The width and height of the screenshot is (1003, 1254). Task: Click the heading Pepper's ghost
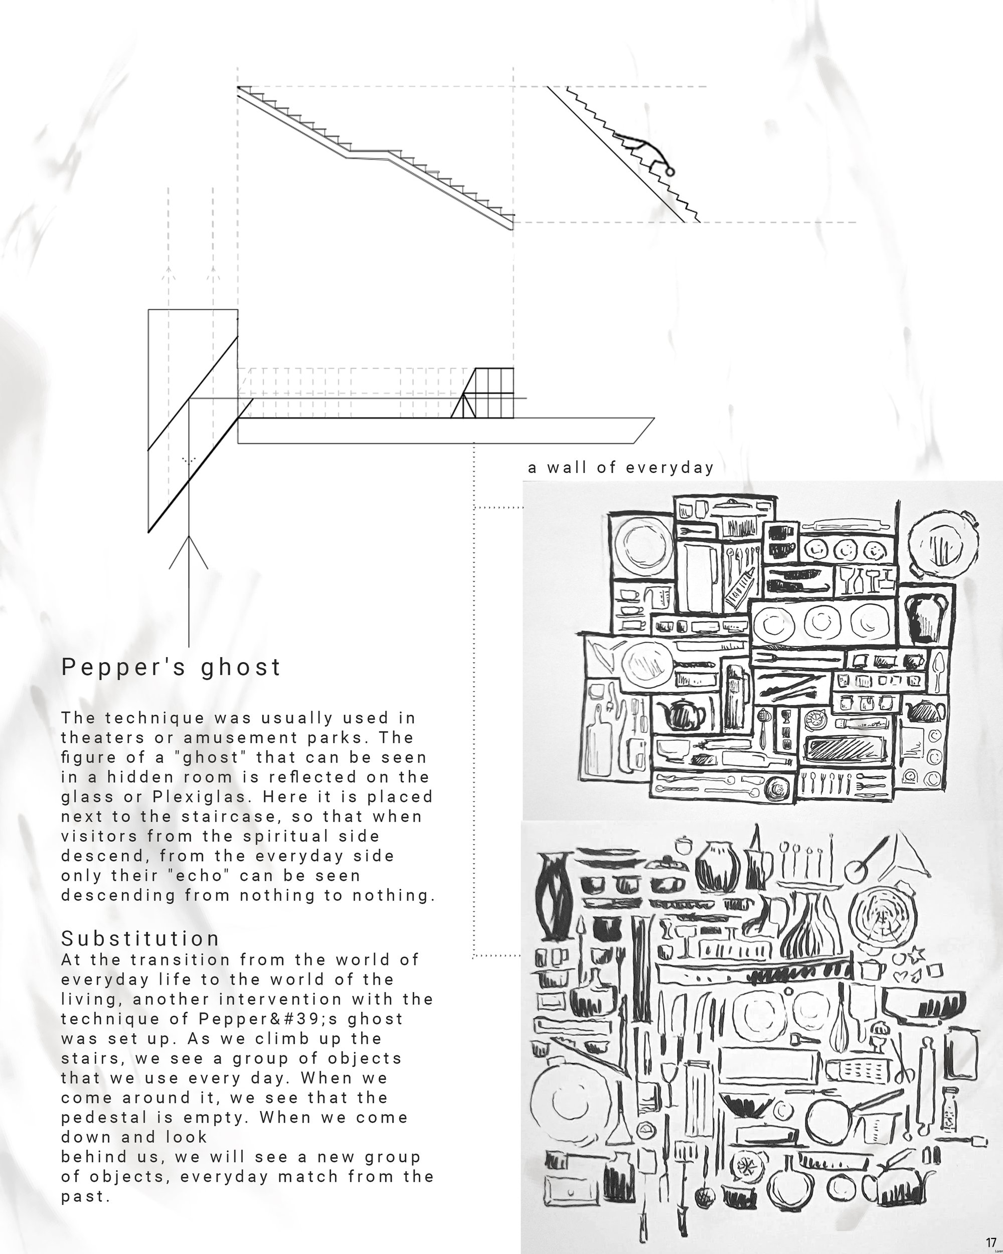(171, 667)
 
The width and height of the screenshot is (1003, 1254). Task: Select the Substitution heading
(140, 938)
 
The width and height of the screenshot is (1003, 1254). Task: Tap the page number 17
(991, 1240)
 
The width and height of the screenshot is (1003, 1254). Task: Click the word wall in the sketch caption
(565, 467)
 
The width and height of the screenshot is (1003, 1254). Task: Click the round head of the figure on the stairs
(669, 172)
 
